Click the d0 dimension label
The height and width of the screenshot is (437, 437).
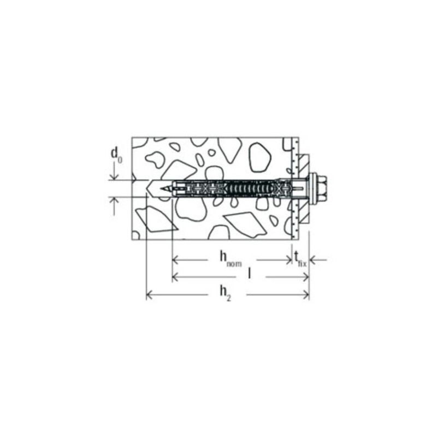pyautogui.click(x=116, y=155)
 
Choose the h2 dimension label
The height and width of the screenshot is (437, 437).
pyautogui.click(x=225, y=293)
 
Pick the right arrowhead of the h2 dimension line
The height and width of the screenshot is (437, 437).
pyautogui.click(x=305, y=296)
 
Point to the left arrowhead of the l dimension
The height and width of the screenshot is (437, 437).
pyautogui.click(x=176, y=277)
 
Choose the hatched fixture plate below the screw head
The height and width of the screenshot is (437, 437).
pyautogui.click(x=304, y=214)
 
